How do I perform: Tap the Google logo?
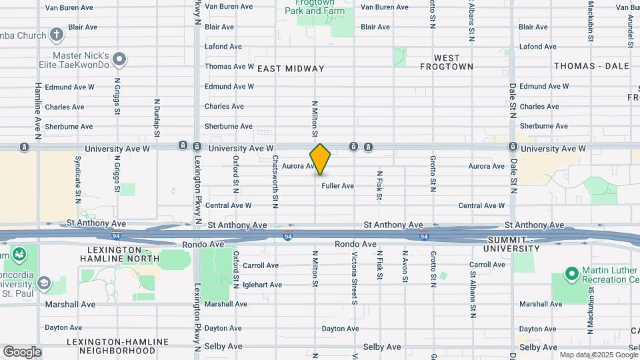tap(22, 352)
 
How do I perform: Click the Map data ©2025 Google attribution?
tap(598, 355)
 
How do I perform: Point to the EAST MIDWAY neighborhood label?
tap(291, 69)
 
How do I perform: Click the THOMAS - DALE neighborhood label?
tap(591, 67)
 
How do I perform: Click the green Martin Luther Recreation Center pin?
tap(571, 273)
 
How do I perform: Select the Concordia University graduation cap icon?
tap(44, 283)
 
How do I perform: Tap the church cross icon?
tap(57, 35)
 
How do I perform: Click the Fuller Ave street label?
tap(337, 186)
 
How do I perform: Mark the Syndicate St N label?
tap(78, 175)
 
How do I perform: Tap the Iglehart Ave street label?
tap(223, 285)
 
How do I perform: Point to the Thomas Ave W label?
tap(229, 67)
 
